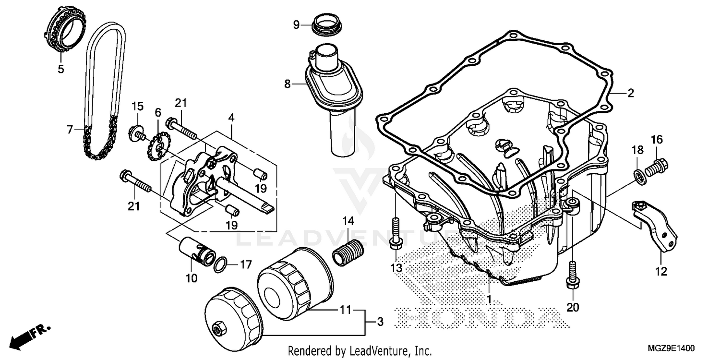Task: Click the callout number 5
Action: pos(60,69)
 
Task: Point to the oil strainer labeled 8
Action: pos(333,96)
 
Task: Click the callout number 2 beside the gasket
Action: pos(630,94)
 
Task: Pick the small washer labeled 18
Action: pos(639,176)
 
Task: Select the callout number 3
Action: pos(380,322)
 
